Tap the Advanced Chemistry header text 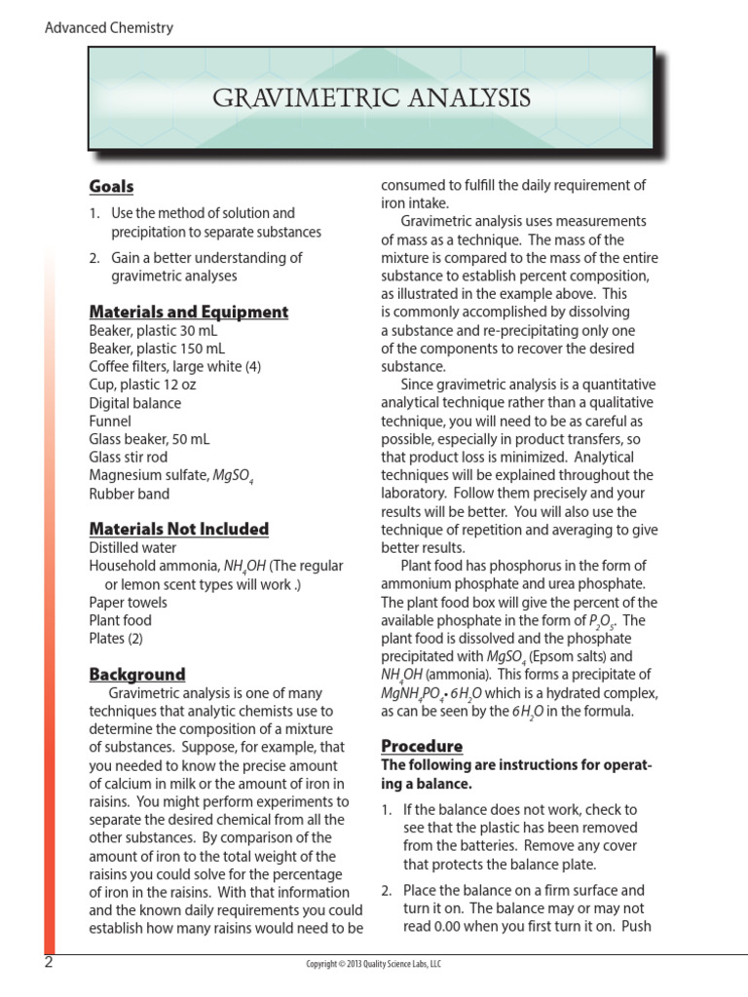tap(109, 27)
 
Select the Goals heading tap(111, 186)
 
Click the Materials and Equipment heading tap(189, 312)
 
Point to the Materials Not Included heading tap(179, 529)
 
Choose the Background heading tap(137, 674)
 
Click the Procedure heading tap(421, 746)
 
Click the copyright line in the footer tap(374, 964)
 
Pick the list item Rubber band tap(129, 494)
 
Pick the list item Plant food tap(121, 619)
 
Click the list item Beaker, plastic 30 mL tap(154, 330)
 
